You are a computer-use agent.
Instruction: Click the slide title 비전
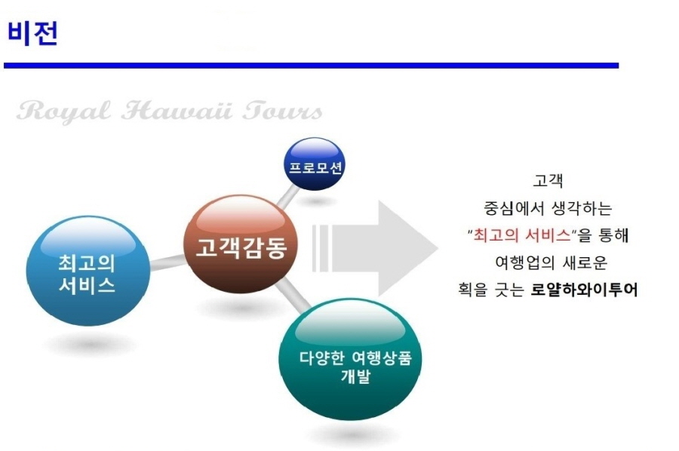32,33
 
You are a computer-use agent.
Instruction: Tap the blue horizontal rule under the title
311,66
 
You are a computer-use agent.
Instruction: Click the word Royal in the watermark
63,111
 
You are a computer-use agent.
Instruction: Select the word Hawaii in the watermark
177,110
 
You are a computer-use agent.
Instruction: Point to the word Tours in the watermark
282,110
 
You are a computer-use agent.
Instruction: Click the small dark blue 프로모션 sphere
315,164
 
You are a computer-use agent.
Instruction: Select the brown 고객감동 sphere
241,244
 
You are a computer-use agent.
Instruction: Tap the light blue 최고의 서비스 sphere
88,271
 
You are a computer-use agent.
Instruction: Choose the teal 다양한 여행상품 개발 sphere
350,359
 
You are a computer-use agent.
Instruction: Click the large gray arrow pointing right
375,249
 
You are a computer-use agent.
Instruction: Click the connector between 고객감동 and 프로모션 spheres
287,197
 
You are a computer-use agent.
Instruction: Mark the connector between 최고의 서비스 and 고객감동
167,262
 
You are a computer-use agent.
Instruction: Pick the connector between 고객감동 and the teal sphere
293,294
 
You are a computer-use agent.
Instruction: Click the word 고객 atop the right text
548,180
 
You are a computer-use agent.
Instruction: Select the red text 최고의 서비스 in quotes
522,235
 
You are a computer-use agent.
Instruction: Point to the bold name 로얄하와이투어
584,290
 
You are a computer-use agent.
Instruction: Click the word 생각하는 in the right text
582,208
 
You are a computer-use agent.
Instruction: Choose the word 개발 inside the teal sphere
355,376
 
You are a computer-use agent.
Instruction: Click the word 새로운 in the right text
585,262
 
